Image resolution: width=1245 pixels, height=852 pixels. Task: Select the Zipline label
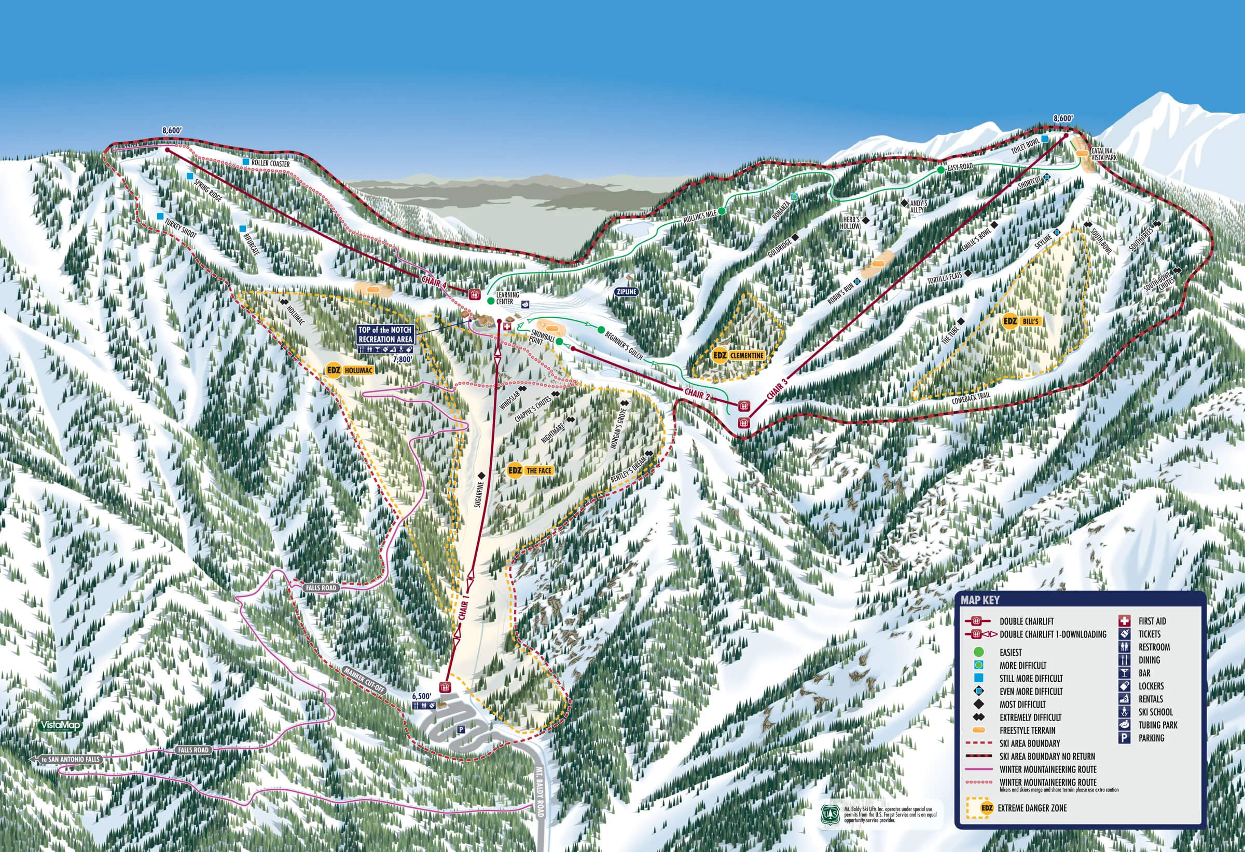point(626,292)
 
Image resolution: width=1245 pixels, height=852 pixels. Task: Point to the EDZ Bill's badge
point(1021,322)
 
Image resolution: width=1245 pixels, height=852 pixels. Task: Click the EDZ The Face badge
point(530,470)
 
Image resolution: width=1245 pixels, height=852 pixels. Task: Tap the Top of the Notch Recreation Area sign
point(385,334)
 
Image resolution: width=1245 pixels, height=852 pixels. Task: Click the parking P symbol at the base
point(460,730)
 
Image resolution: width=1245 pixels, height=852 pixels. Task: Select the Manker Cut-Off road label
point(365,681)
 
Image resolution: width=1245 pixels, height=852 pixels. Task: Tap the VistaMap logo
point(61,725)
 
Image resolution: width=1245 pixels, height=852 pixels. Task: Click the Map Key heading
point(980,600)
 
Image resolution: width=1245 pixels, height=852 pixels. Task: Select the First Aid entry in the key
point(1152,621)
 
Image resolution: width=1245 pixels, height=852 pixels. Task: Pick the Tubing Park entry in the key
point(1157,725)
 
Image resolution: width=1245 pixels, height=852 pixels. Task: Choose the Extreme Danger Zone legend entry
point(1032,807)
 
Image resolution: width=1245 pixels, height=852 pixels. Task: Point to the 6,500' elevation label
point(421,696)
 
